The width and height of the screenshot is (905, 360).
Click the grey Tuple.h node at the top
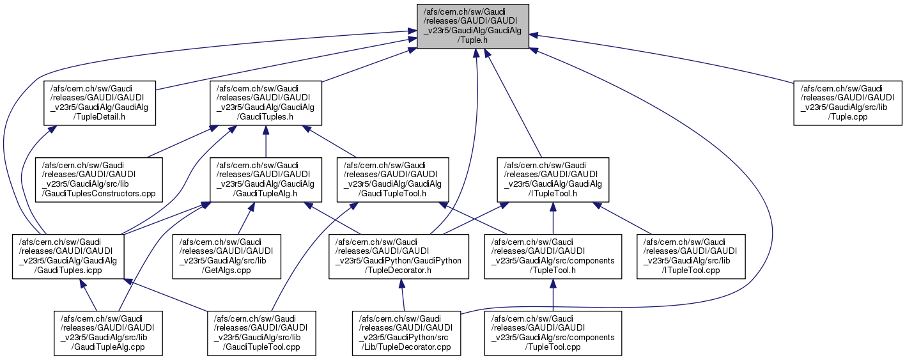473,26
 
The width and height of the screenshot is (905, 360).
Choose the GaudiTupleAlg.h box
265,178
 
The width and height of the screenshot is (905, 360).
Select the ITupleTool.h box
552,178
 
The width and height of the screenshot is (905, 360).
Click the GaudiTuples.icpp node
68,256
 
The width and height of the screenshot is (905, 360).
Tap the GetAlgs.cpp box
229,256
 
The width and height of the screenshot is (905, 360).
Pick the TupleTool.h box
552,256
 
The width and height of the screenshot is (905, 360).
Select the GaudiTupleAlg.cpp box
107,333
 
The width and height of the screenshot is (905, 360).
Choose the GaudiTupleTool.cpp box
262,333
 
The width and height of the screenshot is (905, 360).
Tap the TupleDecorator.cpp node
406,333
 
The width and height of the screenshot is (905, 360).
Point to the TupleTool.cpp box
552,333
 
